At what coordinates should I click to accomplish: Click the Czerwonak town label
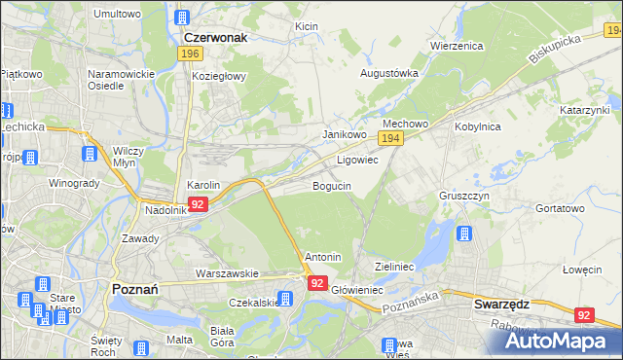pyautogui.click(x=215, y=37)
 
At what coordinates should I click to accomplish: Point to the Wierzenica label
pyautogui.click(x=457, y=45)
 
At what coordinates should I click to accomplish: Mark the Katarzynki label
pyautogui.click(x=584, y=111)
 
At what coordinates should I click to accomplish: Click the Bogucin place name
pyautogui.click(x=332, y=185)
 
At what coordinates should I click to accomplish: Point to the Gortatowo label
pyautogui.click(x=560, y=208)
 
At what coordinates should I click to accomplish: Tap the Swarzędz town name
pyautogui.click(x=501, y=304)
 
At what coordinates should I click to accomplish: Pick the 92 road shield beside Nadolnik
pyautogui.click(x=198, y=204)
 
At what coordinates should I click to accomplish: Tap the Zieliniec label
pyautogui.click(x=395, y=266)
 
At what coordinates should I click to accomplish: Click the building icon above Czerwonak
pyautogui.click(x=182, y=18)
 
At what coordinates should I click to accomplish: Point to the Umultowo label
pyautogui.click(x=117, y=15)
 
